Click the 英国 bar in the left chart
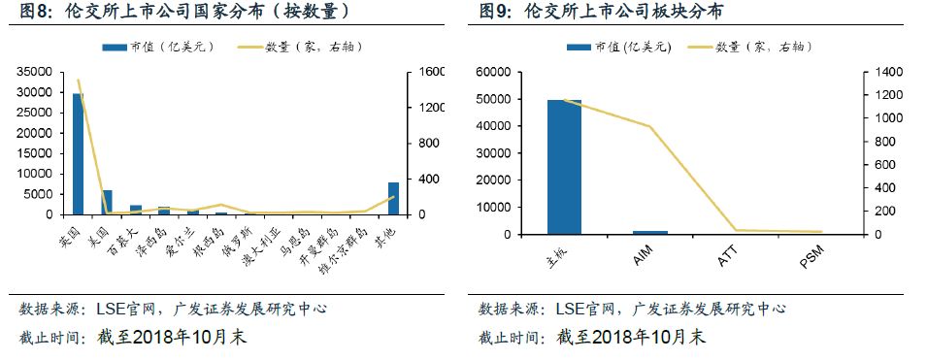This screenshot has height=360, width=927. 79,153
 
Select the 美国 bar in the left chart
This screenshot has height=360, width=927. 107,202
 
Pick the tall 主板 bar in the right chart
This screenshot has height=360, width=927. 564,167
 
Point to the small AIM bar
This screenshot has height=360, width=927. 649,232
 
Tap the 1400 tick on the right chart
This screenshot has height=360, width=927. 891,73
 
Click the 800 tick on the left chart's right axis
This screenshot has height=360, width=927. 432,144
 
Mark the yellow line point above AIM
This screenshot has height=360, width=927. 649,126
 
